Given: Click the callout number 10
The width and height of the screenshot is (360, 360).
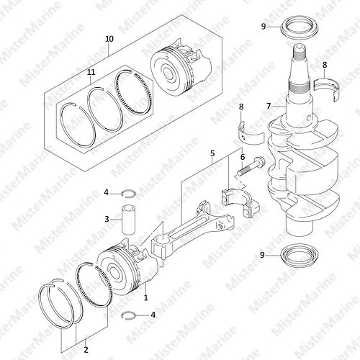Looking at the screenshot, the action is [x=109, y=39].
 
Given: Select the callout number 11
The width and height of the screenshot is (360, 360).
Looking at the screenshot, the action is [x=91, y=72].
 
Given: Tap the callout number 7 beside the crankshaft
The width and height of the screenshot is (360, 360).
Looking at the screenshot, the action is [x=269, y=106].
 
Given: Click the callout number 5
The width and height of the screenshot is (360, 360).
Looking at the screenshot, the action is [x=212, y=153].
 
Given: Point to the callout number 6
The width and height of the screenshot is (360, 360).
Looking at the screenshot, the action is [x=243, y=157].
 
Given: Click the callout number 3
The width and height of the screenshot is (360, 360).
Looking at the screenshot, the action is [x=107, y=219].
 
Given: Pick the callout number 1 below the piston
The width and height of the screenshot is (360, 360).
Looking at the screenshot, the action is [x=145, y=297].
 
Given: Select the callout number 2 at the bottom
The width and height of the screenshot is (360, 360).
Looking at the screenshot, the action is [x=86, y=349].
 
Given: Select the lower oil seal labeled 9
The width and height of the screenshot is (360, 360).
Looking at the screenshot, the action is [x=300, y=256].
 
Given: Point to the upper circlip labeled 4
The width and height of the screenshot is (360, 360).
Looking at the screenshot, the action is [x=129, y=193].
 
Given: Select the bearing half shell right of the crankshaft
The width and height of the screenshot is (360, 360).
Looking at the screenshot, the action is [x=327, y=89].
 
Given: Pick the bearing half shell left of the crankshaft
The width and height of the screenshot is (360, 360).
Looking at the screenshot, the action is [x=251, y=133].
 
